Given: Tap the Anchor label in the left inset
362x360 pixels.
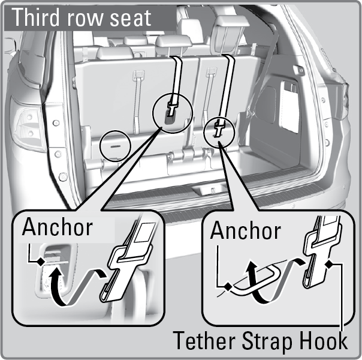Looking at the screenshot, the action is [58, 227].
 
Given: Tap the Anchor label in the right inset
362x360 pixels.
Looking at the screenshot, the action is [245, 230].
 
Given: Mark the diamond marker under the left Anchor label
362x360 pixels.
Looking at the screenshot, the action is [41, 262].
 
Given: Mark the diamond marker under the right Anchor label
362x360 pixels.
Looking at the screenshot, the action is [228, 287].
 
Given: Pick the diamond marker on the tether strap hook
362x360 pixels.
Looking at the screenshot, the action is [329, 264].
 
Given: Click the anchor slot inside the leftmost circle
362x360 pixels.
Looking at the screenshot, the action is [116, 146].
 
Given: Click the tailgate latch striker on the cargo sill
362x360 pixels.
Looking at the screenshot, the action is [209, 190].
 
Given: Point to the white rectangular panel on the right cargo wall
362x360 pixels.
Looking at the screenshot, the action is [289, 107].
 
